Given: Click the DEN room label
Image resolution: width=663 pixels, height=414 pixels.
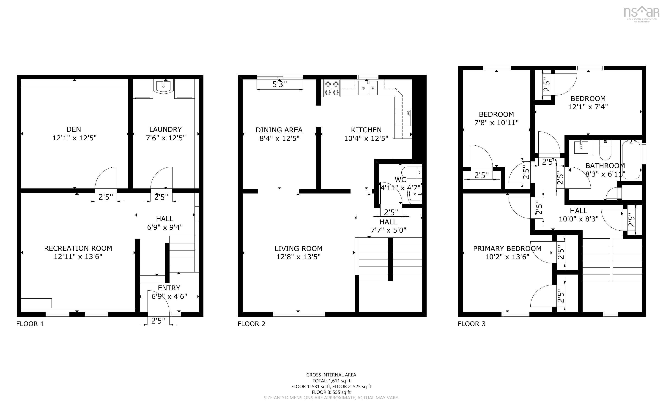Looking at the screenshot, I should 74,129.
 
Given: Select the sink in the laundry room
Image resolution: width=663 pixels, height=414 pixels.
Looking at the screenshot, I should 164,86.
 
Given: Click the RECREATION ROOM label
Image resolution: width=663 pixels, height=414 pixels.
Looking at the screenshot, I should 78,248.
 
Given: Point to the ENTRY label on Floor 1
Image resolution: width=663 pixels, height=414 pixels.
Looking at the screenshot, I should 169,288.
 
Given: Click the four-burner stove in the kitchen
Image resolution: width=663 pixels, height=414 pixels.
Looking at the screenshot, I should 332,88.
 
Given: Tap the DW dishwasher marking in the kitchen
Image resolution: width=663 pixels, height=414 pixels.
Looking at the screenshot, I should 408,113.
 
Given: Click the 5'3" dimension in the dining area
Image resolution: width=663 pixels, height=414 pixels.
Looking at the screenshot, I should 279,84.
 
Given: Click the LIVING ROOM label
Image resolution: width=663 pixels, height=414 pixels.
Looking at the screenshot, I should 299,249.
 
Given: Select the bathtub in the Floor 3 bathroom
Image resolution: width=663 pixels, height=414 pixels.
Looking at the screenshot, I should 631,160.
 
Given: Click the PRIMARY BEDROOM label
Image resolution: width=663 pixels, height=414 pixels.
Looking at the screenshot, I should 507,249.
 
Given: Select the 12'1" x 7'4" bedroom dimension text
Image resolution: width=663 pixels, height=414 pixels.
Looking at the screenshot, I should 588,107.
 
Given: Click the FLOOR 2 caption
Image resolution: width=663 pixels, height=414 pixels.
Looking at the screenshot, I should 251,324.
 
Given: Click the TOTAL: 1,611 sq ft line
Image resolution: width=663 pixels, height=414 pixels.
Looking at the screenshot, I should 331,381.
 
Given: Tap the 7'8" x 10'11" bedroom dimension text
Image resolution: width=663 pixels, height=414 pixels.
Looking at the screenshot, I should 496,123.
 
